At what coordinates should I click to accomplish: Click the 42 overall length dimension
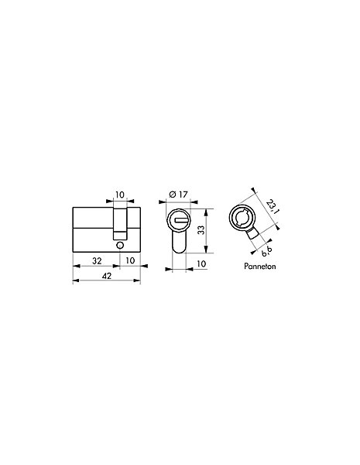pos(107,276)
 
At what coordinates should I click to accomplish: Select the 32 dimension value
pos(97,260)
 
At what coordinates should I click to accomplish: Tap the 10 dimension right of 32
pos(130,260)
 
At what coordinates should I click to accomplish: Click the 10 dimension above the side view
pos(120,195)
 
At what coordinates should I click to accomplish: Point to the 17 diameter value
pos(183,195)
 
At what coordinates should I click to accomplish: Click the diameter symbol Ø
pos(173,195)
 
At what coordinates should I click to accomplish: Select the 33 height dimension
pos(201,230)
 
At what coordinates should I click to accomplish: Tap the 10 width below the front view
pos(201,263)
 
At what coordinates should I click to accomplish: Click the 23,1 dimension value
pos(272,207)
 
